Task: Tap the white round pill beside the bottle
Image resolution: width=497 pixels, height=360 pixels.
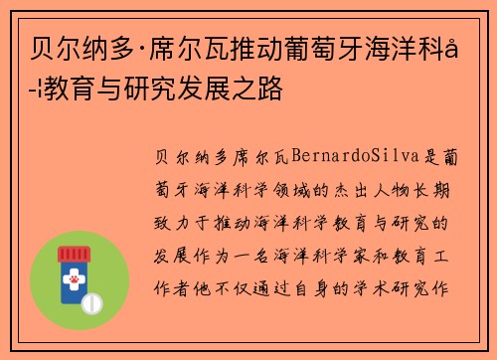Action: tap(95, 301)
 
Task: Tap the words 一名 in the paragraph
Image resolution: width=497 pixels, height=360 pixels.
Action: tap(282, 256)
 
